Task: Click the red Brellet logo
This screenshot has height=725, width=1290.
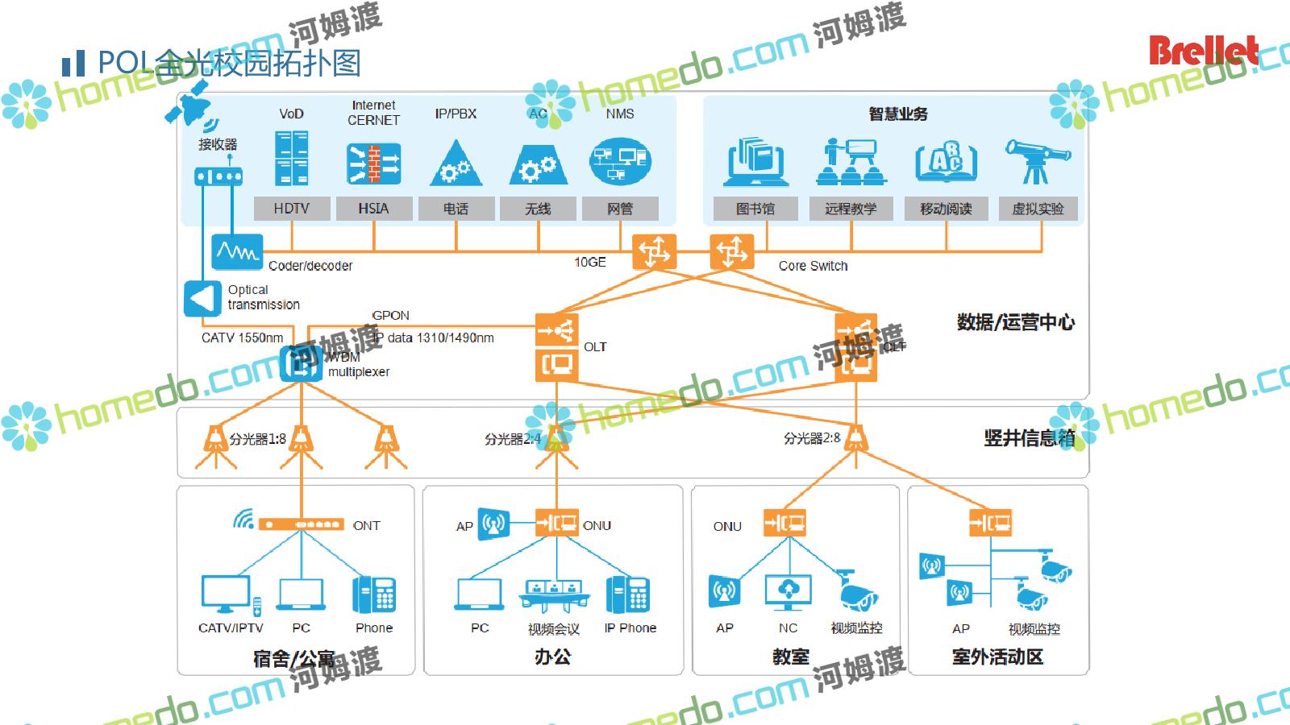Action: (x=1202, y=51)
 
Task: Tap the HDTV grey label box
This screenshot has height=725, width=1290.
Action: (x=291, y=209)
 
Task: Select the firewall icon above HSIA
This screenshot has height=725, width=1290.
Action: (x=373, y=164)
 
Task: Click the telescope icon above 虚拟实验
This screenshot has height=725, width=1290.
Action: (x=1037, y=160)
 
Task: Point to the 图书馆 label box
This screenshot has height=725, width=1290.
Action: (x=755, y=209)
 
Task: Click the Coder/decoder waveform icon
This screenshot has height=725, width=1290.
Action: (x=237, y=252)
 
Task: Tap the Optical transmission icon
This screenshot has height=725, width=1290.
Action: (x=202, y=298)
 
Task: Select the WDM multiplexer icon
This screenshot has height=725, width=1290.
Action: (x=300, y=364)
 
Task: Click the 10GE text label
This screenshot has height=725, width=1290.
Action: (x=589, y=263)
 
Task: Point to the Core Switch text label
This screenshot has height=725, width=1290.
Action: (x=813, y=266)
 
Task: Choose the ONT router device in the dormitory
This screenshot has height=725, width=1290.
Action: (x=301, y=524)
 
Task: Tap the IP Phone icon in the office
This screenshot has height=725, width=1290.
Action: (x=628, y=595)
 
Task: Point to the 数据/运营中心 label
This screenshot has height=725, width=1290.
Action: (x=1015, y=323)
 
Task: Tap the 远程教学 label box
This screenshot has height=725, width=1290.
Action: (x=850, y=209)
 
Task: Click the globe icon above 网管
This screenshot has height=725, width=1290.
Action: (x=619, y=161)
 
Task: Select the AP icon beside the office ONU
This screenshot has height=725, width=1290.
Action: (x=493, y=524)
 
